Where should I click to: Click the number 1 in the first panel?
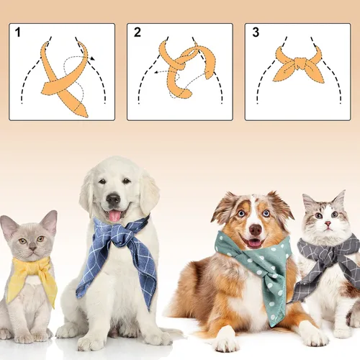(17, 32)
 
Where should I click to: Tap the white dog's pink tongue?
(114, 215)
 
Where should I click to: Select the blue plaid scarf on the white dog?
(119, 252)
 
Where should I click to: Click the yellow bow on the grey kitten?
(32, 277)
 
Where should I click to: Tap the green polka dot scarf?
(263, 270)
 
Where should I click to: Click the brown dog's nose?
(255, 230)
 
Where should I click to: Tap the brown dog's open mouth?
(255, 243)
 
